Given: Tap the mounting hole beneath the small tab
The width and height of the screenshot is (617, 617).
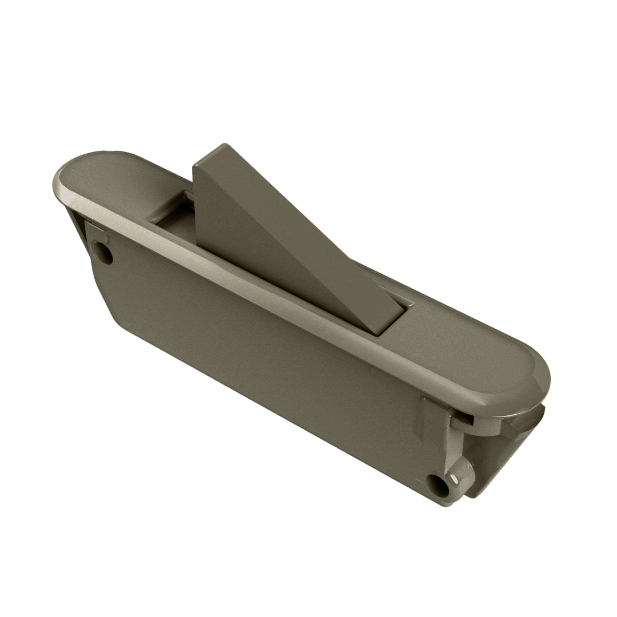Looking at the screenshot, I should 103,252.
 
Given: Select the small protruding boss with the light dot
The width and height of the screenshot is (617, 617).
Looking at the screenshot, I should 459,474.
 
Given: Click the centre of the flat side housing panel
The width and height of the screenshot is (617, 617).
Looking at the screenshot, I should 269,366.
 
